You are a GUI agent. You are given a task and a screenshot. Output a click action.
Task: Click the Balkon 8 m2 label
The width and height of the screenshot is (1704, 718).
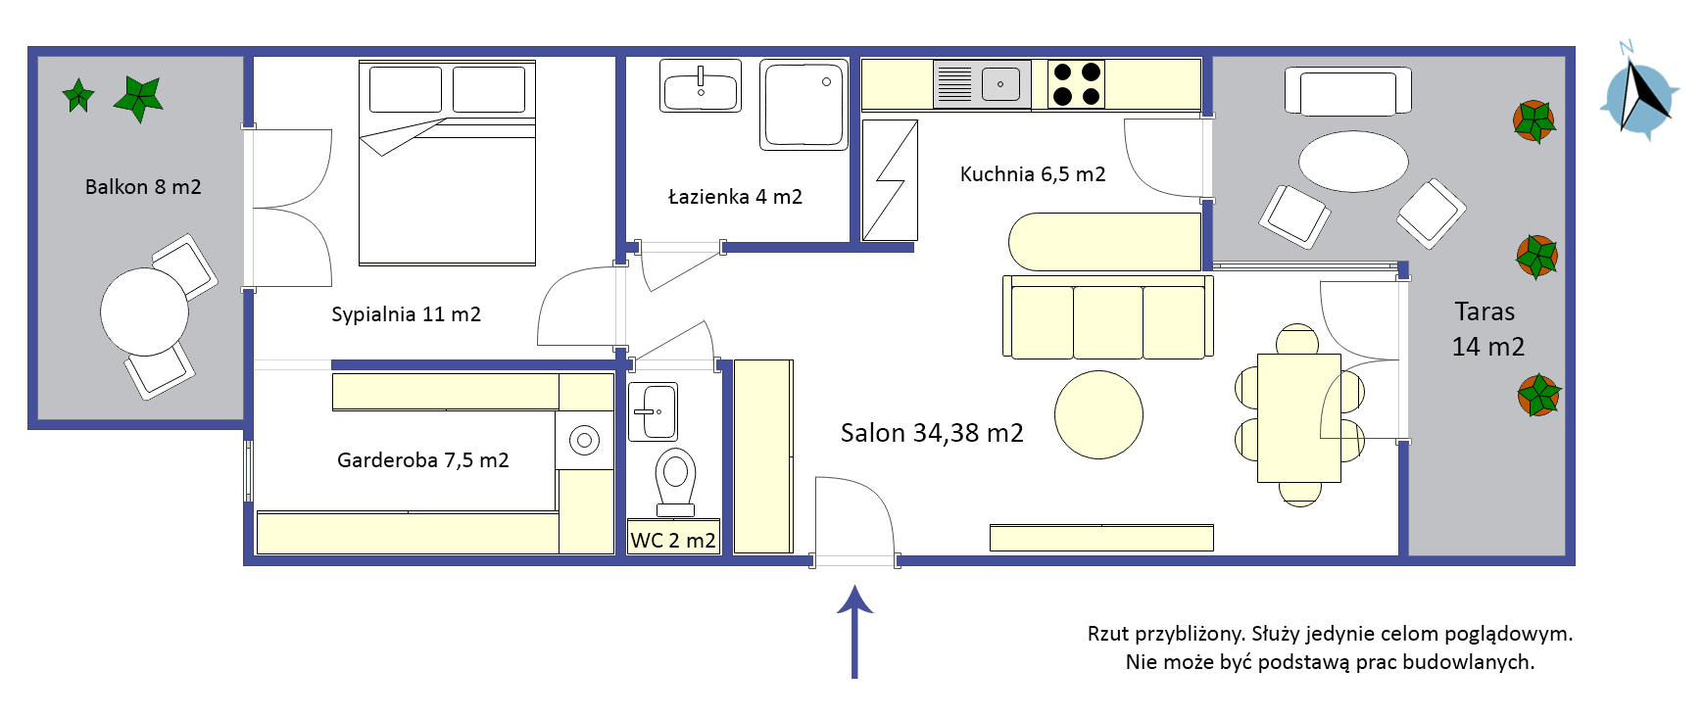click(x=143, y=187)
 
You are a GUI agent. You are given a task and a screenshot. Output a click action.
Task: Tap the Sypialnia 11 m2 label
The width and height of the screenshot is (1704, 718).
click(x=406, y=314)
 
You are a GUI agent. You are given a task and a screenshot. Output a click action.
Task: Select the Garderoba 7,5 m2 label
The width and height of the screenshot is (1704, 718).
click(x=423, y=460)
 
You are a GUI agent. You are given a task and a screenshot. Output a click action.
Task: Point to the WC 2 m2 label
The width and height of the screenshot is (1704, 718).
click(x=673, y=541)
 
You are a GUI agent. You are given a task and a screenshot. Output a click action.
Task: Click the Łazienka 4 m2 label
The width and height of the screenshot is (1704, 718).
click(x=735, y=197)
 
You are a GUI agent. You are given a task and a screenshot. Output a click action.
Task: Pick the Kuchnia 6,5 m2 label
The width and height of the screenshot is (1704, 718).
click(x=1033, y=174)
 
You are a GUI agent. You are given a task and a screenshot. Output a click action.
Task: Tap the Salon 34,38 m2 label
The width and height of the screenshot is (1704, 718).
click(x=932, y=433)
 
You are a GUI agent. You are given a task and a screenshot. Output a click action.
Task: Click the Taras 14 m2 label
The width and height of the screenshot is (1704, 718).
click(x=1487, y=329)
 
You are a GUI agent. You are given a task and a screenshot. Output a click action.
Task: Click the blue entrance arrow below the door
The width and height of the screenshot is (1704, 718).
click(x=854, y=632)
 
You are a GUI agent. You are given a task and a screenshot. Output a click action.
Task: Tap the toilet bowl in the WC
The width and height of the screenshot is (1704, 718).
click(x=675, y=481)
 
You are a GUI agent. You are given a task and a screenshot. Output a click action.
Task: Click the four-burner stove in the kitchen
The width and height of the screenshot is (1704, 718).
click(x=1076, y=83)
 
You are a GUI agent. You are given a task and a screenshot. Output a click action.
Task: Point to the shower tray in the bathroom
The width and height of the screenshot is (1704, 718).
click(x=803, y=105)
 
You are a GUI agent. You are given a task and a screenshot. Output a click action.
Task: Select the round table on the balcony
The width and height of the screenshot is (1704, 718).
click(x=144, y=311)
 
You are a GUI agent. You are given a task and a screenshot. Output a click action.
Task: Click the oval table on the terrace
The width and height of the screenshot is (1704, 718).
click(x=1353, y=162)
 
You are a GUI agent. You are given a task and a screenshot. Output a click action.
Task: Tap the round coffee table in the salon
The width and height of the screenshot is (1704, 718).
click(x=1098, y=414)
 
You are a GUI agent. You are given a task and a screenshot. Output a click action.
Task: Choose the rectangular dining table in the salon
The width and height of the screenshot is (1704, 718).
click(x=1299, y=418)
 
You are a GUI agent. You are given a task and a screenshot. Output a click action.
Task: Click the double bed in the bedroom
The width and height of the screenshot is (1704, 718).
click(x=447, y=163)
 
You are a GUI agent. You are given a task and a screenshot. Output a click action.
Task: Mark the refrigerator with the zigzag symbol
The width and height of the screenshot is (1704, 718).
click(x=890, y=180)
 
